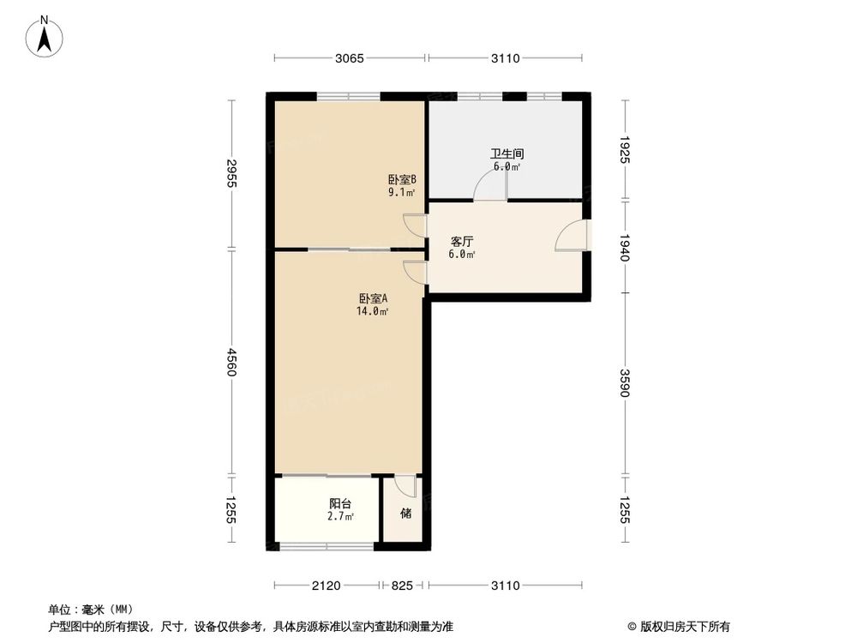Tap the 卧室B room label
click(x=402, y=179)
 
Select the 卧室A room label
click(x=374, y=298)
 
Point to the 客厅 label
click(x=463, y=241)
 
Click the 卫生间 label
click(x=506, y=154)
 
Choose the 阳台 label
click(x=340, y=504)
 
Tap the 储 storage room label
click(x=405, y=514)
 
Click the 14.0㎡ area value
click(x=374, y=312)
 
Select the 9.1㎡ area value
click(x=401, y=193)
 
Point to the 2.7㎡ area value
click(x=341, y=517)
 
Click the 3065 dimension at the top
click(x=350, y=58)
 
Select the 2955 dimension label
click(x=231, y=174)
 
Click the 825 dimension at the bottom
click(x=403, y=586)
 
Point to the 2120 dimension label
click(x=327, y=586)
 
